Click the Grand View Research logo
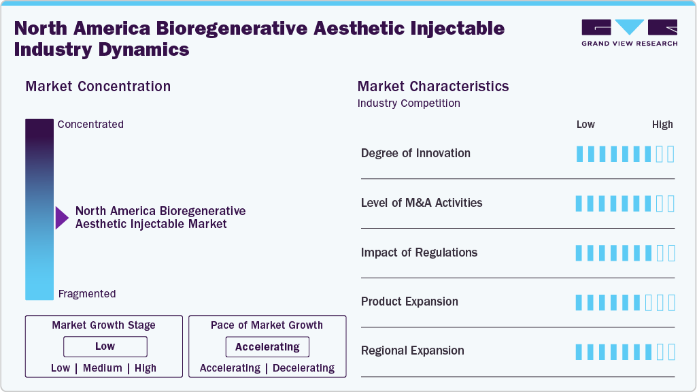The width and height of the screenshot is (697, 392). click(629, 33)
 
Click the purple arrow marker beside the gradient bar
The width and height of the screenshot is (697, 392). click(62, 218)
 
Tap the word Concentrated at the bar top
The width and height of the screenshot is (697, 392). click(90, 125)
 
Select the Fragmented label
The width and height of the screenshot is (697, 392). click(87, 294)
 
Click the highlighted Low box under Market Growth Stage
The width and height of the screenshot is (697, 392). click(105, 346)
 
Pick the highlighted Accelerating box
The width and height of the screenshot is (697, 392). click(267, 347)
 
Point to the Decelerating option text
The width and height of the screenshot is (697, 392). click(303, 368)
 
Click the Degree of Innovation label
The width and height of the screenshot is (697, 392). click(415, 153)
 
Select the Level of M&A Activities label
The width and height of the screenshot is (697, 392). click(422, 203)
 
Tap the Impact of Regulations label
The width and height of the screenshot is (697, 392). click(419, 252)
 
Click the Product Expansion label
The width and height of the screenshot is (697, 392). click(409, 301)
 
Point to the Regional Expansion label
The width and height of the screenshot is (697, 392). click(412, 350)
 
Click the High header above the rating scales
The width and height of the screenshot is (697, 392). click(662, 125)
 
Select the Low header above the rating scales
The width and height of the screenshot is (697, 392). click(585, 125)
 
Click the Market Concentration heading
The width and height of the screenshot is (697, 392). click(98, 86)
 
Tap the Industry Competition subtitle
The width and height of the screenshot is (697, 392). click(409, 103)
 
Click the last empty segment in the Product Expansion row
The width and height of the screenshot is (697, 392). click(671, 302)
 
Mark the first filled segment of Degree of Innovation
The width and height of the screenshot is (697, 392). click(579, 154)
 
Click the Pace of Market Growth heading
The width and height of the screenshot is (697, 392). click(267, 325)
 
